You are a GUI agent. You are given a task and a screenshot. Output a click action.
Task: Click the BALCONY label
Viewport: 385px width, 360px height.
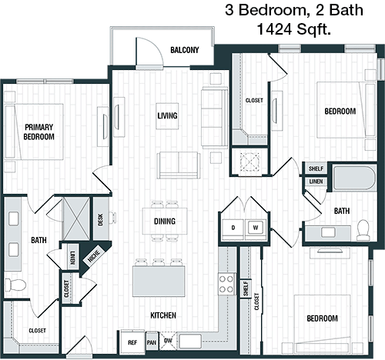(x=185, y=50)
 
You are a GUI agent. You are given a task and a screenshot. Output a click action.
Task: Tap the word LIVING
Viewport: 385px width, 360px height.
(x=167, y=115)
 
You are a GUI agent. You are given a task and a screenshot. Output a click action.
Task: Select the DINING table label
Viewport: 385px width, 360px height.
(x=165, y=221)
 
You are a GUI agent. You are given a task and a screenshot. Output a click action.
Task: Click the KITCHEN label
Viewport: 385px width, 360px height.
(x=163, y=315)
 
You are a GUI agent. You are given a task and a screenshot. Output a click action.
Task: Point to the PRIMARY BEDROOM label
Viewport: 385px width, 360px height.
(x=38, y=132)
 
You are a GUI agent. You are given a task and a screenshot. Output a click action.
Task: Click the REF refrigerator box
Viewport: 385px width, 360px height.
(x=132, y=343)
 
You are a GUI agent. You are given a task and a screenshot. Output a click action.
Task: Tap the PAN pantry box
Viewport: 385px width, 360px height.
(x=152, y=343)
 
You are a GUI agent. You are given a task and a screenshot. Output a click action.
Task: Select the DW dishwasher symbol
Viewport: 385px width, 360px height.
(x=168, y=341)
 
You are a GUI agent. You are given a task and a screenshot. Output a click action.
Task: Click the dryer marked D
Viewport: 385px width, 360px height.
(x=233, y=229)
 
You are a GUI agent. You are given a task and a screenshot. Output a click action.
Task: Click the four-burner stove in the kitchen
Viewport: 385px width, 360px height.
(x=226, y=284)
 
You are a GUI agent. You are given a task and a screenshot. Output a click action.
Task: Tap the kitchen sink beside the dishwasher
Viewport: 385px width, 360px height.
(x=190, y=342)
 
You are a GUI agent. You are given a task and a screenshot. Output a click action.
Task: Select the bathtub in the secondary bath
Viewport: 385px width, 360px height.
(x=355, y=178)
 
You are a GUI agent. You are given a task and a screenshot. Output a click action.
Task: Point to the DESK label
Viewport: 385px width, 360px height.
(x=100, y=219)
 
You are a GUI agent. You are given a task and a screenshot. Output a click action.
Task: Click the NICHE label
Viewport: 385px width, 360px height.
(x=94, y=256)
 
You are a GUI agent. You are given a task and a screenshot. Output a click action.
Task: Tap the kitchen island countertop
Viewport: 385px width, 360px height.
(x=159, y=282)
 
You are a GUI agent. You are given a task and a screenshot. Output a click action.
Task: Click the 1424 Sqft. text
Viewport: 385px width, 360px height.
(x=293, y=29)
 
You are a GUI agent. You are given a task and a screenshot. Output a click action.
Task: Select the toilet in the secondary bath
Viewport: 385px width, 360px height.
(x=363, y=230)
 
